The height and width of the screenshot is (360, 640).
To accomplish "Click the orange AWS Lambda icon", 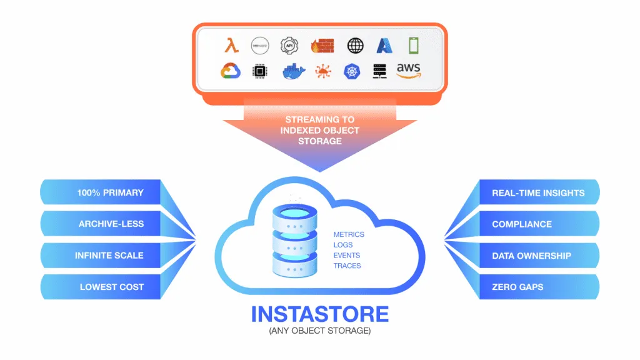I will point(231,46).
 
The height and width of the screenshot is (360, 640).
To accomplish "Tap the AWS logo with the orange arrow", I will point(408,71).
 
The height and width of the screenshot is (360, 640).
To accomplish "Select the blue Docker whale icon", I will point(291,71).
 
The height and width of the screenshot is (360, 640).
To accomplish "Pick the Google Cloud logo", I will point(231,71).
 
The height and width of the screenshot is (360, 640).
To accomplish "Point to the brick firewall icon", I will point(323,46).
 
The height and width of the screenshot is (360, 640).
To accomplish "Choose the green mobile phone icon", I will point(414,45).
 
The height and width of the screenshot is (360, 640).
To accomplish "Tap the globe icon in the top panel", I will point(355,46).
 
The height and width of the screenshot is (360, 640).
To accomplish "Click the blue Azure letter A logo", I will point(384,46).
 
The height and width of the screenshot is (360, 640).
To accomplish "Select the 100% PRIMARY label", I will point(110,192).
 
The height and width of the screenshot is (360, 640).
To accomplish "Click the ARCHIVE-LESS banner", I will point(111,224).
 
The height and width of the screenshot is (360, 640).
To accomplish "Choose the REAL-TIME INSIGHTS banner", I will point(538,192).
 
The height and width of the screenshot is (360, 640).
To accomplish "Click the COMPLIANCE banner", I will point(522,224).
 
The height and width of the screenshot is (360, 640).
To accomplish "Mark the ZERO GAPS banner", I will point(517,287).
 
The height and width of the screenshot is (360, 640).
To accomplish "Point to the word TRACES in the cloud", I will point(347,266).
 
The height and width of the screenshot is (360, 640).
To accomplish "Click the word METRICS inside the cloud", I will point(349,234).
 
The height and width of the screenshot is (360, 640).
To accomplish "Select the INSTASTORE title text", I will point(319,314).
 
